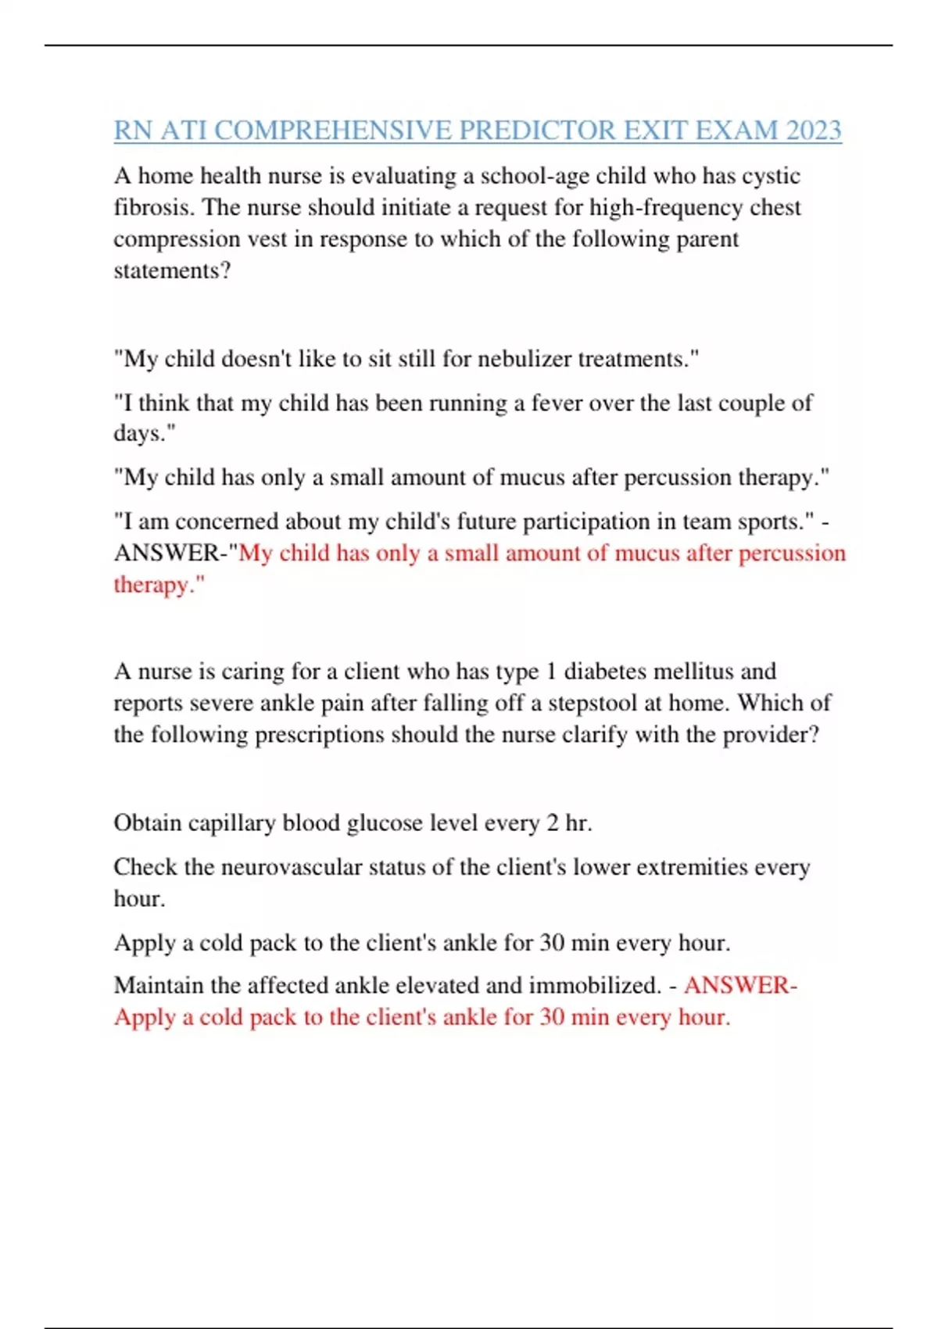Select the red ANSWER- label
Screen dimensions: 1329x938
coord(740,985)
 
